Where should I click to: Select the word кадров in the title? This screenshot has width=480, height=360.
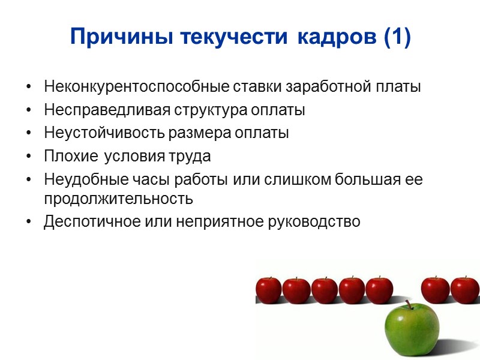[324, 37]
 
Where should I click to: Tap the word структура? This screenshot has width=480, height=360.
[199, 111]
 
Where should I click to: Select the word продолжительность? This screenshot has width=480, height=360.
[118, 198]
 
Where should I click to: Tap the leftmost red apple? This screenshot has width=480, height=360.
[268, 290]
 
